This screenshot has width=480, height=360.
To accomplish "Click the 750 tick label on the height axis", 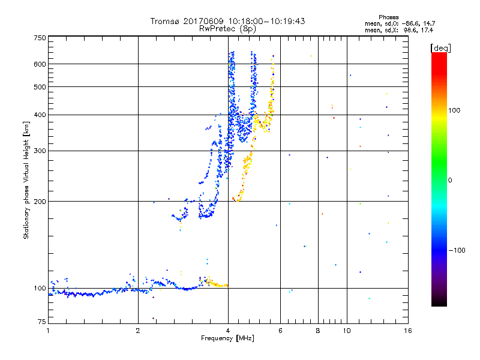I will click(x=40, y=38).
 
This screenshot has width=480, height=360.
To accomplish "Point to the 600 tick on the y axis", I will click(x=40, y=64).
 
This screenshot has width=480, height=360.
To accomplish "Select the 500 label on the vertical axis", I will click(x=40, y=87).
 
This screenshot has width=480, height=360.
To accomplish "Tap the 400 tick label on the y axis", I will click(x=40, y=115).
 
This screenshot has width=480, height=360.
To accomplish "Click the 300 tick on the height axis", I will click(x=40, y=151).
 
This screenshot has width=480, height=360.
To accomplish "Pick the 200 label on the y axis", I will click(x=40, y=202).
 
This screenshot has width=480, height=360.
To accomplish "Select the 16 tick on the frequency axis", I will click(x=407, y=331).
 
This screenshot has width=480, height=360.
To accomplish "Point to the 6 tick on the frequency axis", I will click(x=281, y=331).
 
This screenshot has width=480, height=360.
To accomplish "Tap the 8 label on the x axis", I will click(x=318, y=331).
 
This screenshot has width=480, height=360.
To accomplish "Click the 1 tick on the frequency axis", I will click(x=49, y=331).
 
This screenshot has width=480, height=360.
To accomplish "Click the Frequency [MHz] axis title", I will click(x=227, y=338).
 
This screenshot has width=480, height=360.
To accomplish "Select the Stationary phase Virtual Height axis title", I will click(x=26, y=180).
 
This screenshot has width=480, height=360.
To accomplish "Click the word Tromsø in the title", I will click(x=165, y=21).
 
